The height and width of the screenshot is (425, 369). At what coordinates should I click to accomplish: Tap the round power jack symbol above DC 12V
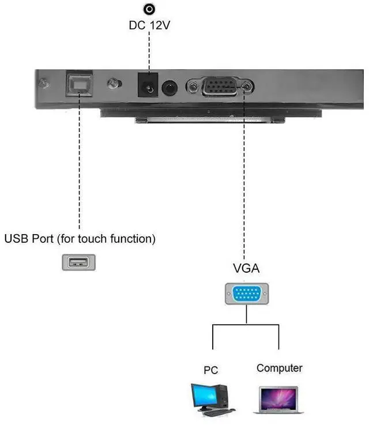(x=149, y=9)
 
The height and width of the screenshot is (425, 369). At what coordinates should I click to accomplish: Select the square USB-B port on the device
(x=78, y=85)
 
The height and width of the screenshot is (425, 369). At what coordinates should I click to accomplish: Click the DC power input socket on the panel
(x=148, y=86)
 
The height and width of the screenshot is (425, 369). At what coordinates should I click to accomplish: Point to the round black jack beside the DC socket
(x=169, y=88)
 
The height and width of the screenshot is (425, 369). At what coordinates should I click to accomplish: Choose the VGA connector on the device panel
(x=220, y=87)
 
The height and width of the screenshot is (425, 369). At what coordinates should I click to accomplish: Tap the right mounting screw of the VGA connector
(x=248, y=87)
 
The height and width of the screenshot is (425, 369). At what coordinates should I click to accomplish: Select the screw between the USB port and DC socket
(x=112, y=84)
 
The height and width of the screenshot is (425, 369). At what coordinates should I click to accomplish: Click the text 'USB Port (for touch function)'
(x=80, y=238)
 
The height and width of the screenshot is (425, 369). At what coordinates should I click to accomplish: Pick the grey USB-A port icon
(x=78, y=262)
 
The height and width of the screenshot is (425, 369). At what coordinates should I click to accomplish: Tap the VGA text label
(x=246, y=268)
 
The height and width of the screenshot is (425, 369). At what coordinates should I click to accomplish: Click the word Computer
(x=279, y=368)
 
